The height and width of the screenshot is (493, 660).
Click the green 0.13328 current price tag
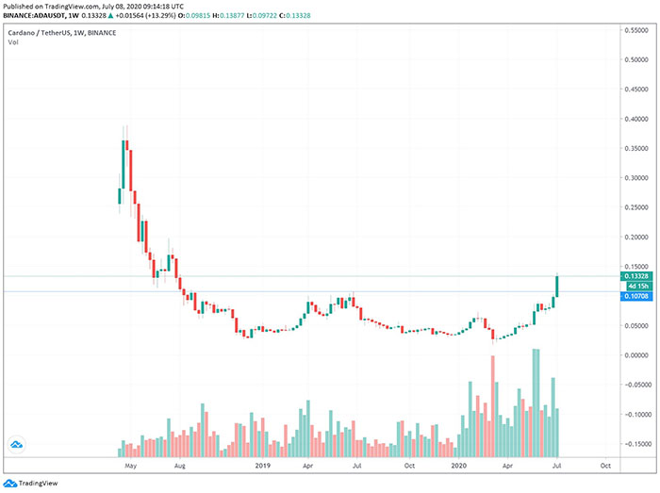coord(633,276)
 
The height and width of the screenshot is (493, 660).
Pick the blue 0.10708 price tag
coord(633,295)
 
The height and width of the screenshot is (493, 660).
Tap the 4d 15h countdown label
coord(633,286)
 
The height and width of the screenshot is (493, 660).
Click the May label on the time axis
coord(130,466)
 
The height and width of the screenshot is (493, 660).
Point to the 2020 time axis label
coord(459,466)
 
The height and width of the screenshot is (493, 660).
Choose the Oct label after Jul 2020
coord(603,466)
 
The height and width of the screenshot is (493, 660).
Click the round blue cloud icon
coord(16,444)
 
